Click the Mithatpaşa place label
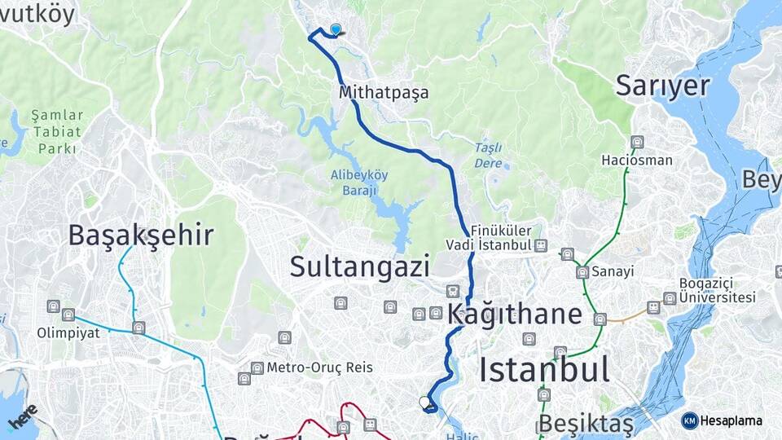tap(384, 93)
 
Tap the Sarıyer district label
tap(662, 85)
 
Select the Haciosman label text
tap(637, 160)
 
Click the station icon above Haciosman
tap(637, 142)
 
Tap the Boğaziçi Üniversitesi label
tap(718, 291)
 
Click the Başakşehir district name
tap(141, 235)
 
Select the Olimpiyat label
tap(68, 332)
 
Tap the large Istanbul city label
tap(544, 369)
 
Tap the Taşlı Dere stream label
tap(488, 155)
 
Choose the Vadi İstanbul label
tap(489, 244)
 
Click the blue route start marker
tap(336, 30)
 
